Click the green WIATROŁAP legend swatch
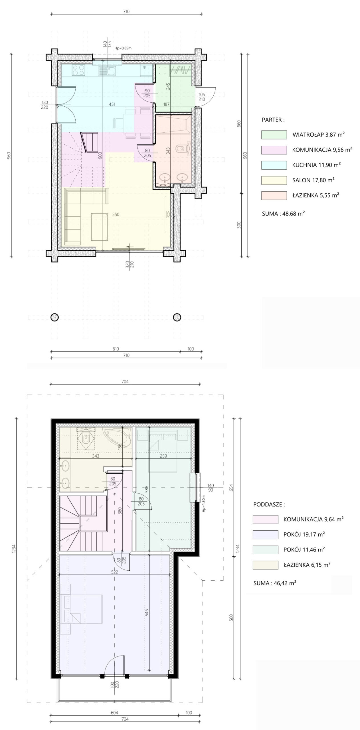pos(274,135)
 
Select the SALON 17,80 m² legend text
pos(313,180)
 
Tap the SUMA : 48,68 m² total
pos(283,213)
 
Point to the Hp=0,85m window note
pos(123,48)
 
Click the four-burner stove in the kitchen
pos(78,70)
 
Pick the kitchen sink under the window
pos(107,70)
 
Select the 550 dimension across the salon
pos(116,214)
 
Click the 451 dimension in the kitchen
pos(112,104)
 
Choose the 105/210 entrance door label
pos(202,97)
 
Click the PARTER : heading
pos(273,120)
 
